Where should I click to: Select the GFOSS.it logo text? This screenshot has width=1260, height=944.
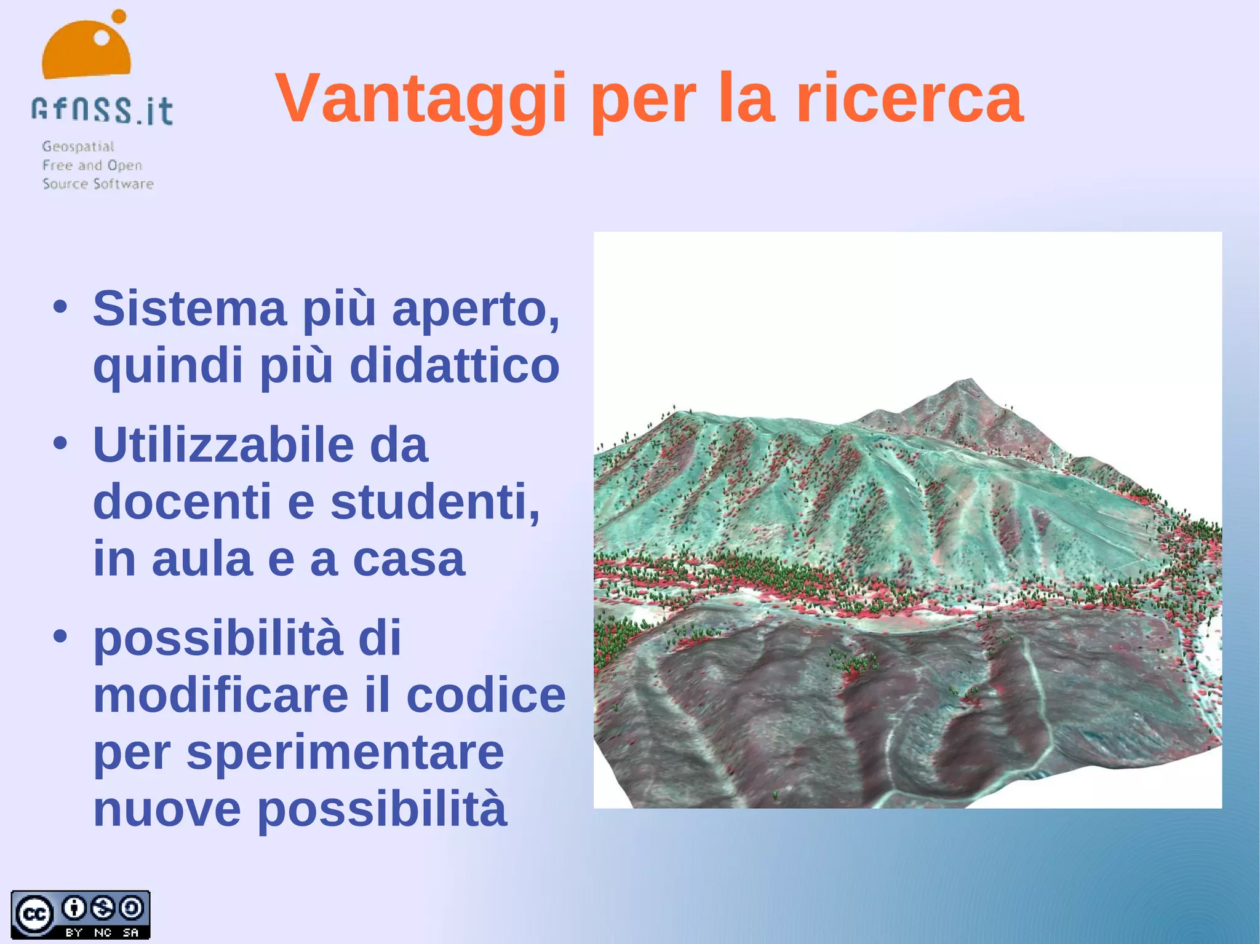[x=102, y=111]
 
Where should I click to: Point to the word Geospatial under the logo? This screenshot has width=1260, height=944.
[x=78, y=146]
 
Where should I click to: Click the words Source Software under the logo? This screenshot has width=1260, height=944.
[x=98, y=183]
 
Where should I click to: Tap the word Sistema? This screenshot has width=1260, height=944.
[x=189, y=309]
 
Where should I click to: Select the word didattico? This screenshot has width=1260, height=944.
[x=454, y=365]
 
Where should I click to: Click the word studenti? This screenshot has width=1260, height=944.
[x=434, y=502]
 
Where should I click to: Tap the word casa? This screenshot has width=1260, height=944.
[x=409, y=560]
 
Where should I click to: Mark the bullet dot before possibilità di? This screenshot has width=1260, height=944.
[x=60, y=637]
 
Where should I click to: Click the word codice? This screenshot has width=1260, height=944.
[x=486, y=696]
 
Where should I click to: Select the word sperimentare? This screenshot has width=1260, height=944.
[x=345, y=753]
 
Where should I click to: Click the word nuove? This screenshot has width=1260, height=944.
[x=167, y=809]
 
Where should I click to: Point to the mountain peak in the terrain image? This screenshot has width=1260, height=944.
[x=970, y=381]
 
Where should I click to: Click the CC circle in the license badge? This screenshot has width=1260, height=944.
[x=34, y=914]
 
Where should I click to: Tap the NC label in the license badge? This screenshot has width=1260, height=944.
[x=103, y=932]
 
